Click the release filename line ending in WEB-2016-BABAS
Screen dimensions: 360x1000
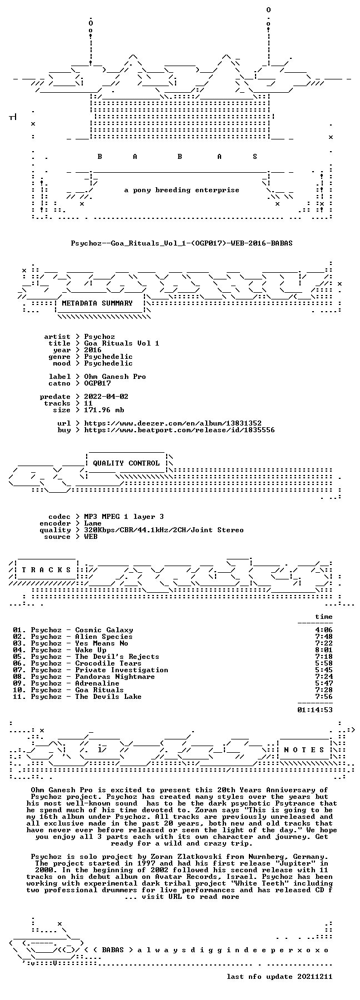pos(182,243)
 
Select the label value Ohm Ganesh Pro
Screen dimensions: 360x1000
pos(115,376)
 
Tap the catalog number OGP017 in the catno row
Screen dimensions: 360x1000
pos(97,383)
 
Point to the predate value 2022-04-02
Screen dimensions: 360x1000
pos(106,396)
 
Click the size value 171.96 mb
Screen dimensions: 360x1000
pos(104,409)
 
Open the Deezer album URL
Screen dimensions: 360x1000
pos(173,423)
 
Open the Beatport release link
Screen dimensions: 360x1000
pos(179,429)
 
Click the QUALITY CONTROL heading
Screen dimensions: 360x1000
pos(126,463)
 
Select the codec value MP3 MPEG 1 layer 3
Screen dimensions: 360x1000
pos(124,516)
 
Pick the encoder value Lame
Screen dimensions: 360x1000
pos(93,523)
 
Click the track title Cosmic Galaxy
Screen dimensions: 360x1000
pos(104,629)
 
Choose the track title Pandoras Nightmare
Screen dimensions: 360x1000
pos(115,676)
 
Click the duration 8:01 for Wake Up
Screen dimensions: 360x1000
pos(324,649)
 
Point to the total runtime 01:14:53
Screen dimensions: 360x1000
pos(315,709)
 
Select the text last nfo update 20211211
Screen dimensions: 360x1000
pos(279,976)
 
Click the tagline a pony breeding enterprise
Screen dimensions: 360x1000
pos(182,189)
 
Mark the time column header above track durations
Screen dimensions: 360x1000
pos(324,616)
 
